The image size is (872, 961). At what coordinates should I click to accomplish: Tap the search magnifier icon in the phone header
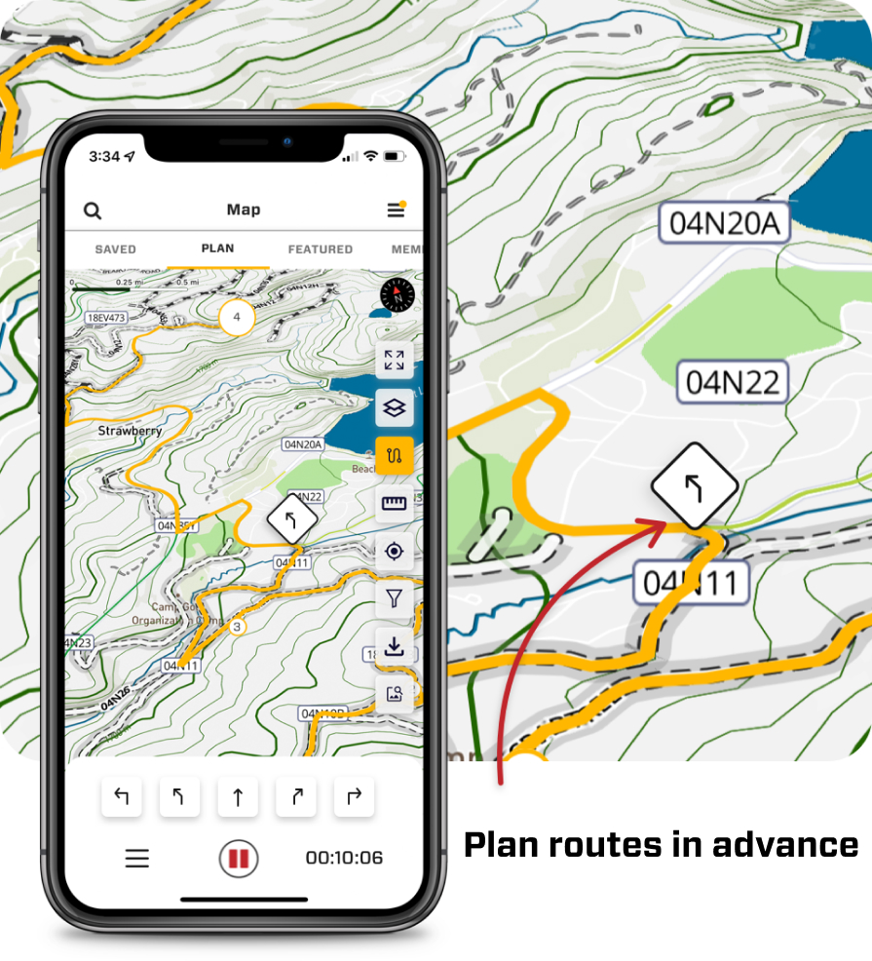pos(93,211)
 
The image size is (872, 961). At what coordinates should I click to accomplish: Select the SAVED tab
pos(115,250)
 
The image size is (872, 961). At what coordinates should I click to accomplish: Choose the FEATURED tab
pos(320,250)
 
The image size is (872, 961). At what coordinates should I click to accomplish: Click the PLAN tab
pos(217,249)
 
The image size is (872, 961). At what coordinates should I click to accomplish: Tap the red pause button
pos(239,859)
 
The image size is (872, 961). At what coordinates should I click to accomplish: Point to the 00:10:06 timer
pos(344,859)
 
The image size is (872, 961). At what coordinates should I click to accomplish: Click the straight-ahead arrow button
pos(238,798)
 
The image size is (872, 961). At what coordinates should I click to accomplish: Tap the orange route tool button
pos(395,455)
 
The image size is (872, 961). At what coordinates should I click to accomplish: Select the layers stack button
pos(395,408)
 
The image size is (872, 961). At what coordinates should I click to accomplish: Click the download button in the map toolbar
pos(395,646)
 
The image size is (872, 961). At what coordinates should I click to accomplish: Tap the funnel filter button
pos(395,598)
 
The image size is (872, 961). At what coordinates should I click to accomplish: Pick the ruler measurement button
pos(395,503)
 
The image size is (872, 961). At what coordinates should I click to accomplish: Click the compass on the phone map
pos(398,295)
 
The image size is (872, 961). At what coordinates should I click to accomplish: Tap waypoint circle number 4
pos(236,318)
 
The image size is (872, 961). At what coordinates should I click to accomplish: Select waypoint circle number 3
pos(237,627)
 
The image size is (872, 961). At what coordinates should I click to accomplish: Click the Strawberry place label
pos(130,430)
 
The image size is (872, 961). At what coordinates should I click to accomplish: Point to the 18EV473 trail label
pos(107,318)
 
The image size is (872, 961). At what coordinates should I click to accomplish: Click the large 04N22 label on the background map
pos(733,382)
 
